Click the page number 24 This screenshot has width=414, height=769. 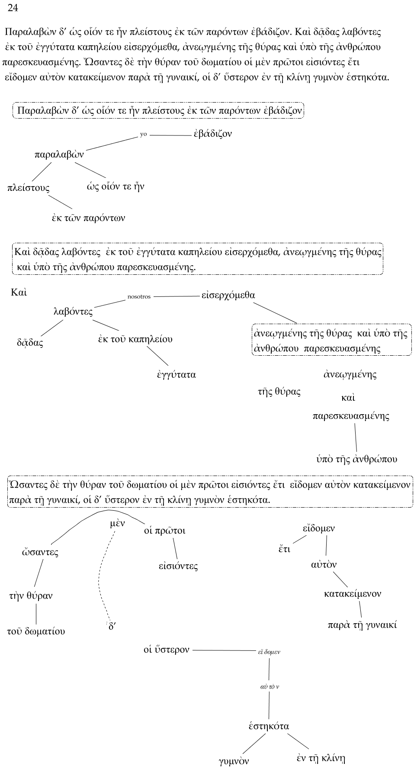(x=13, y=8)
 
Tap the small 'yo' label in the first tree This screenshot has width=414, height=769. (x=144, y=135)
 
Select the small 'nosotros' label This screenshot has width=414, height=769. (x=139, y=297)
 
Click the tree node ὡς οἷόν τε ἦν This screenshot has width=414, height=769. (x=116, y=187)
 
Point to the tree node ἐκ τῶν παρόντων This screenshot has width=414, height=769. (x=88, y=218)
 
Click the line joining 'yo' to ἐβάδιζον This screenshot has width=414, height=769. (x=170, y=135)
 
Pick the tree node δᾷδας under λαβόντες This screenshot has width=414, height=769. (x=30, y=343)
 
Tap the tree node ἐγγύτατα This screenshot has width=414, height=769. (x=177, y=375)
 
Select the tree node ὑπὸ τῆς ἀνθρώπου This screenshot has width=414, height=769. (x=356, y=459)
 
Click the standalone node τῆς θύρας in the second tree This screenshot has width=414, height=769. (x=279, y=392)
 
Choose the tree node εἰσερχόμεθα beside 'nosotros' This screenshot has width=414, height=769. (x=228, y=295)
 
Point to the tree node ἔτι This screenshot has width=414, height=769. (x=284, y=549)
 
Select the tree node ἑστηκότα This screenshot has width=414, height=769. (x=269, y=726)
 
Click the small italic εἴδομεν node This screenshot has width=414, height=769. (x=269, y=652)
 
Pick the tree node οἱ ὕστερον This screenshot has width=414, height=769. (x=167, y=650)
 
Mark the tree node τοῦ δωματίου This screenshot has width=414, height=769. (x=36, y=631)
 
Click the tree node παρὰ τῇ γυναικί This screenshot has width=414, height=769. (x=362, y=625)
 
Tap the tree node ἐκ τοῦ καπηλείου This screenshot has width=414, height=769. (x=135, y=339)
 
